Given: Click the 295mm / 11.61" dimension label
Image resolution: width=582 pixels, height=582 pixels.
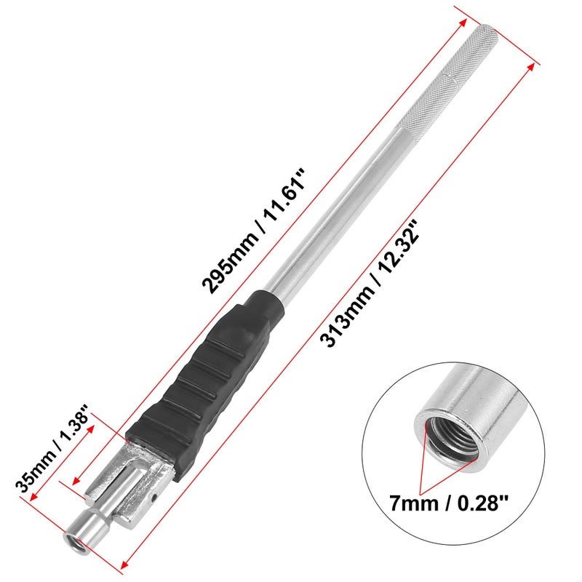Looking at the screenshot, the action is pyautogui.click(x=253, y=231).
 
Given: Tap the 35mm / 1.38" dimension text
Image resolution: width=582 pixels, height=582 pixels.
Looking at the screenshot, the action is pyautogui.click(x=52, y=449).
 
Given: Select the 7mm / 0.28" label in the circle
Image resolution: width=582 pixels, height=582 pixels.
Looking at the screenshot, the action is pyautogui.click(x=448, y=503).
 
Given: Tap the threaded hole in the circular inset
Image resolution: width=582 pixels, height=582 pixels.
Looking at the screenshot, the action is pyautogui.click(x=451, y=434).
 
